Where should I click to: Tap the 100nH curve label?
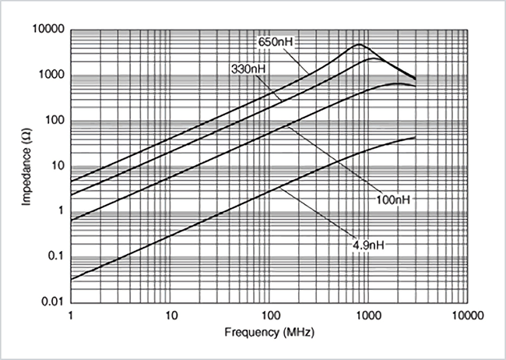(393, 199)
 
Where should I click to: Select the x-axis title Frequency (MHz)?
(269, 332)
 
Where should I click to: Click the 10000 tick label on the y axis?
(47, 30)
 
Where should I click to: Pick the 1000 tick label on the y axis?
(51, 76)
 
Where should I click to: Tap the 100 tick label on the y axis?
(54, 121)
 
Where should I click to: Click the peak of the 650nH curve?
(359, 44)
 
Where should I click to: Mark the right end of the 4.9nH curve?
(415, 138)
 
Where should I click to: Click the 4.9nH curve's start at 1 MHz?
(72, 279)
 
